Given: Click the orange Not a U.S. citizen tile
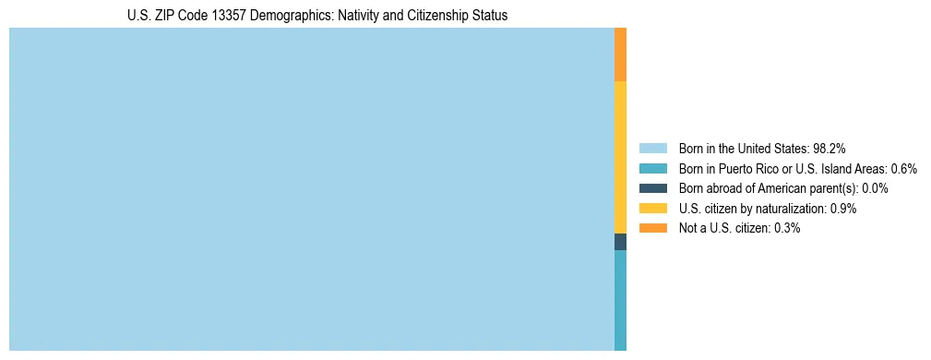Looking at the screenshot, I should tap(620, 54).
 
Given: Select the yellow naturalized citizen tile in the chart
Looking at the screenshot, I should tap(620, 157).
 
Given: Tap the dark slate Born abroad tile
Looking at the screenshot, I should tap(620, 242).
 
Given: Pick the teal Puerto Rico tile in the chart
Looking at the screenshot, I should tap(620, 300).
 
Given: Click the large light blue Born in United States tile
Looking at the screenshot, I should tap(311, 189).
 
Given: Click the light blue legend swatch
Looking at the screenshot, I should tap(652, 149).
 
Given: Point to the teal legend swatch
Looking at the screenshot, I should tap(652, 169).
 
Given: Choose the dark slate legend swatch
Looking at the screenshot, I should tap(652, 188).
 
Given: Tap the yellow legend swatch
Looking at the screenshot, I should tap(652, 209).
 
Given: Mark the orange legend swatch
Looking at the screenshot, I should tap(652, 228).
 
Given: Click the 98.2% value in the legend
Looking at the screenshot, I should tap(830, 149).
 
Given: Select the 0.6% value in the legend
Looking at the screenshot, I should tap(903, 169).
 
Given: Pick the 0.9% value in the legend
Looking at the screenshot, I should tap(843, 209).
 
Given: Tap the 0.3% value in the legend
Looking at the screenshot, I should tap(787, 228).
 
